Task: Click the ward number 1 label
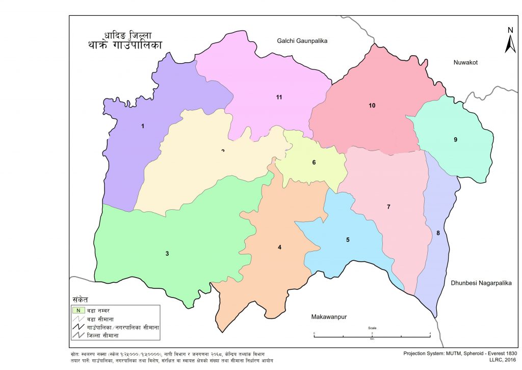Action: (143, 126)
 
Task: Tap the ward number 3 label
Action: (167, 254)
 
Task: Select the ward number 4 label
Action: (279, 248)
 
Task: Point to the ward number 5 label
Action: (348, 239)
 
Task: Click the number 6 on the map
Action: (314, 163)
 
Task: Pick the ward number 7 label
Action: (388, 207)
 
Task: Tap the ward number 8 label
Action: (438, 233)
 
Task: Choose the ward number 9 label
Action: (455, 139)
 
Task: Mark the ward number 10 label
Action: (372, 106)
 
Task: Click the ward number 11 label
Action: (279, 97)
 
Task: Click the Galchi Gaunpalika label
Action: (302, 40)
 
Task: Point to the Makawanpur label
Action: (329, 317)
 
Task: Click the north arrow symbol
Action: (510, 41)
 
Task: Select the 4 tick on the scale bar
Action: (430, 333)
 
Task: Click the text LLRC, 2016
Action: (503, 360)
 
